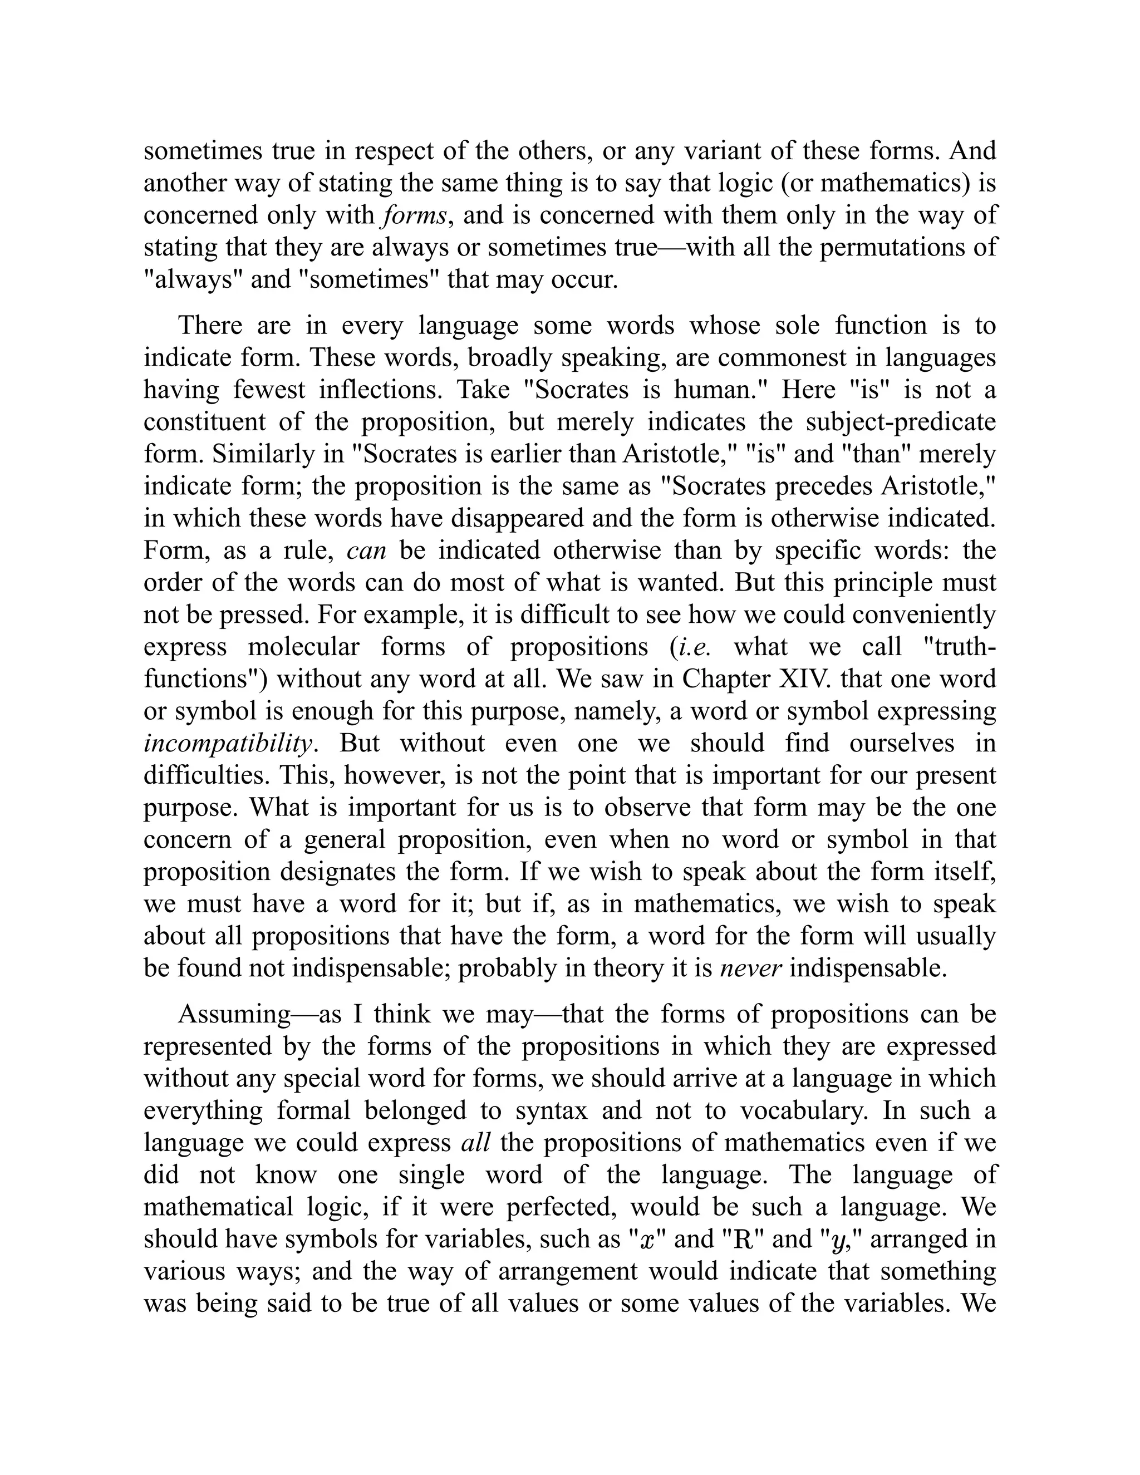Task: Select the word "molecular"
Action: tap(304, 647)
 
